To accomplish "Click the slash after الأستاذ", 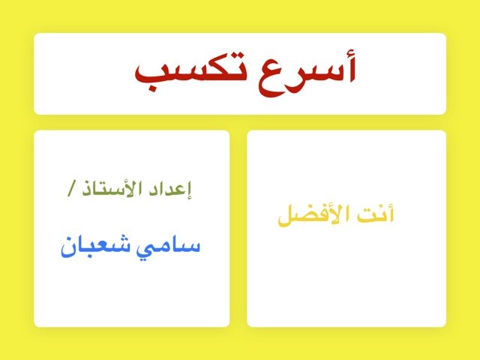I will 73,190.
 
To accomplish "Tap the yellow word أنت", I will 376,215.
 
